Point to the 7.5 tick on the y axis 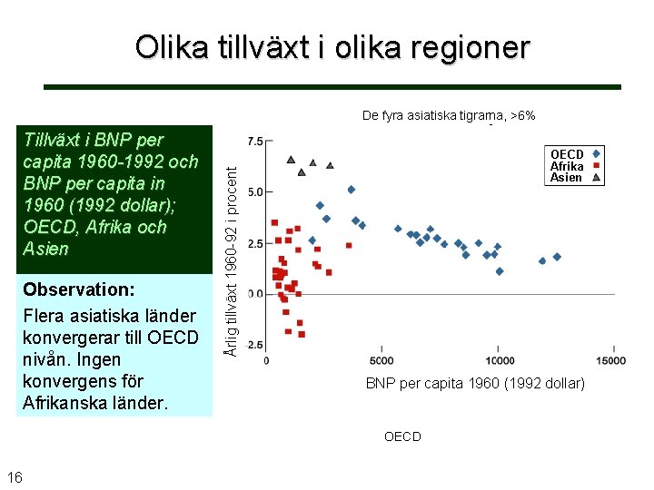[254, 142]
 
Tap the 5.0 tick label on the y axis [254, 192]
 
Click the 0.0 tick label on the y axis [254, 294]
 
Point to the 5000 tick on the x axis [382, 360]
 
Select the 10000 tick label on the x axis [499, 360]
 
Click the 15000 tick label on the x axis [613, 360]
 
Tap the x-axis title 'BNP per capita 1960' [475, 384]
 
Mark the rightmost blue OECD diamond [557, 257]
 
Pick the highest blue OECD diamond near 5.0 [352, 190]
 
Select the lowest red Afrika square [302, 334]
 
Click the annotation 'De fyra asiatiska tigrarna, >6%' [449, 115]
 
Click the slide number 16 [15, 478]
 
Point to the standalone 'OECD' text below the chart [402, 436]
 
